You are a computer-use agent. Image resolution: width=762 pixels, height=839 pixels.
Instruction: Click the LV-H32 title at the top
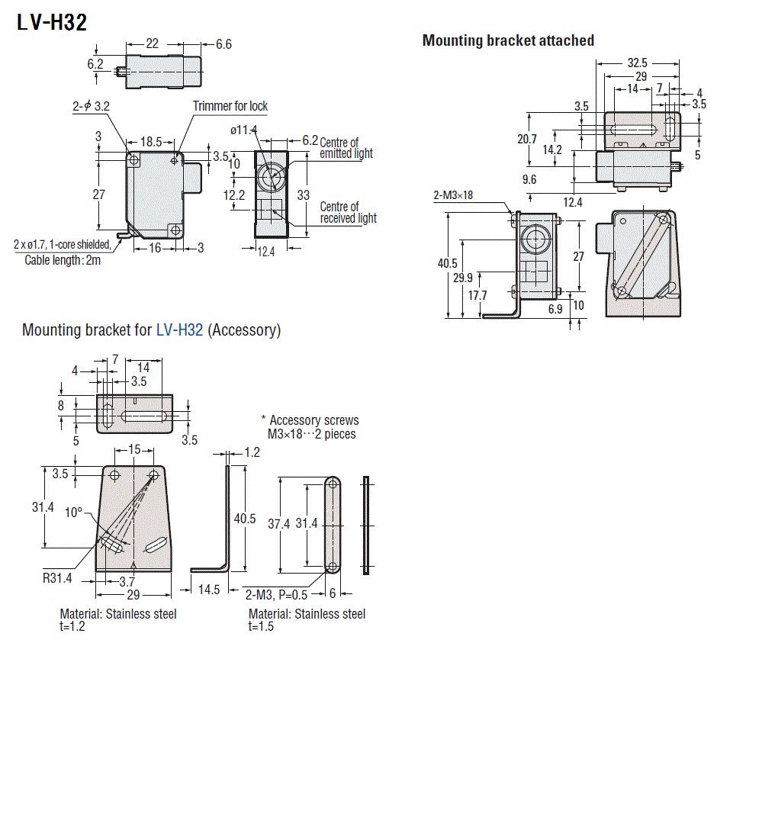pos(52,23)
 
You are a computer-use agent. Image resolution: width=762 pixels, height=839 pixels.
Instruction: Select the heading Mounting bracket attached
pos(508,40)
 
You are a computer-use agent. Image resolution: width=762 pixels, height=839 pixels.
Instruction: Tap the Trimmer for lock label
pos(230,106)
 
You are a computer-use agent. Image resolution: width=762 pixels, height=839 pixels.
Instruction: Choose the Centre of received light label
pos(348,213)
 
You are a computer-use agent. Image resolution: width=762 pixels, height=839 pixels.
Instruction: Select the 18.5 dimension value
pos(151,142)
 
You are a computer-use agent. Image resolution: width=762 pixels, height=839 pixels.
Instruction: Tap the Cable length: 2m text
pos(62,259)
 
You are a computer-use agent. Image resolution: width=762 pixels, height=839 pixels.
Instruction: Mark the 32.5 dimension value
pos(637,63)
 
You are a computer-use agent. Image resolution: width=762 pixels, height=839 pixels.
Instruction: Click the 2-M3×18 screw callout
pos(453,195)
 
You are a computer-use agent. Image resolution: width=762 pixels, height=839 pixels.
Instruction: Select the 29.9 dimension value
pos(463,278)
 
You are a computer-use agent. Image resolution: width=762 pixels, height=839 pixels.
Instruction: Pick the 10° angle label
pos(73,513)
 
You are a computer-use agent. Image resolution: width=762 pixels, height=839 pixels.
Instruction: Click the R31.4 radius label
pos(57,577)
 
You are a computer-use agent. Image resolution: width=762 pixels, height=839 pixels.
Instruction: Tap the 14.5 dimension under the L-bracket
pos(209,590)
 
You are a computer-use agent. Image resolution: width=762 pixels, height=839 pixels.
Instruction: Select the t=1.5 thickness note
pos(261,626)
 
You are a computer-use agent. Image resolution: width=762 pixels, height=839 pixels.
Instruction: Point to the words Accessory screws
pos(313,420)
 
